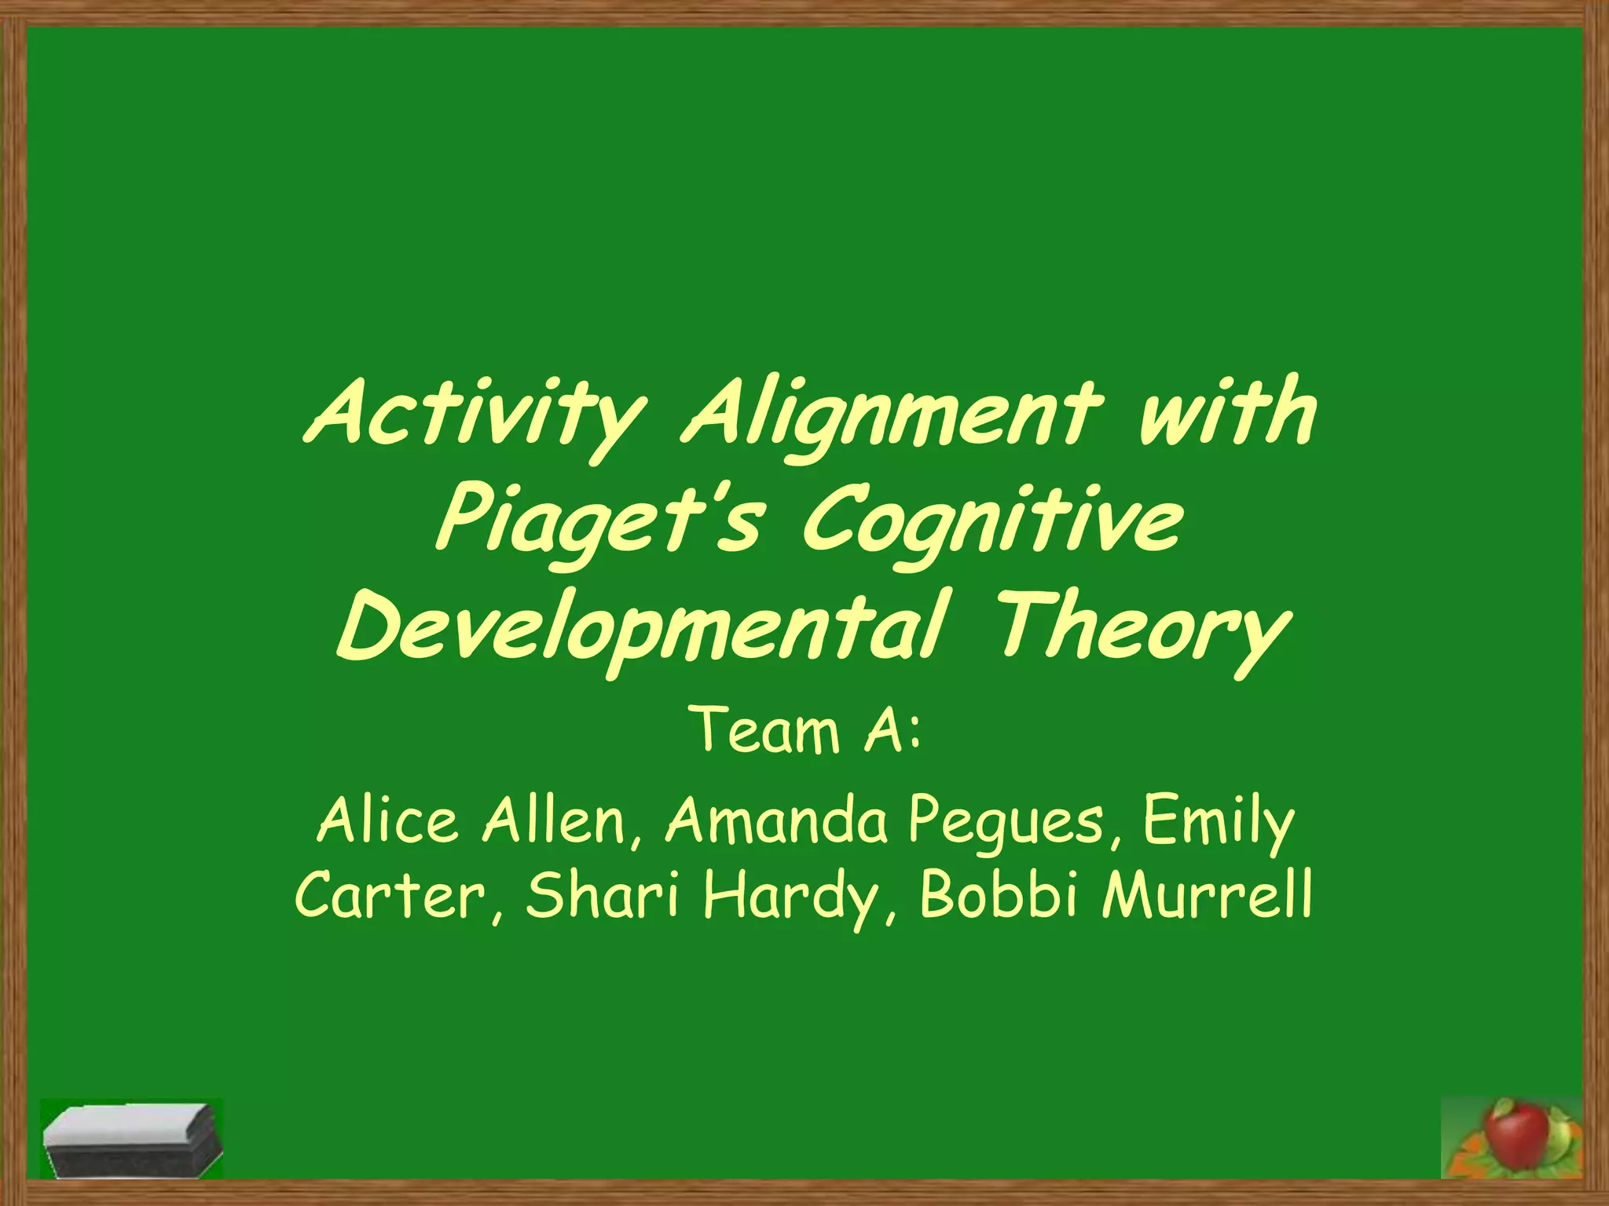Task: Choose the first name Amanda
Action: click(x=777, y=820)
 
